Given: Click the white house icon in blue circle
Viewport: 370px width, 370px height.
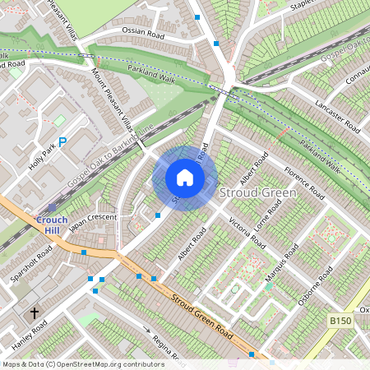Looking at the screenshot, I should point(185,178).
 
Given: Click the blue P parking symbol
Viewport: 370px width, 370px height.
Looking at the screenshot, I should point(62,141).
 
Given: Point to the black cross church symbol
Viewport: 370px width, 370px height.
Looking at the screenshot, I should point(35,313).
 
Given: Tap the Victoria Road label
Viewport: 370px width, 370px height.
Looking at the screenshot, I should point(247,234).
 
